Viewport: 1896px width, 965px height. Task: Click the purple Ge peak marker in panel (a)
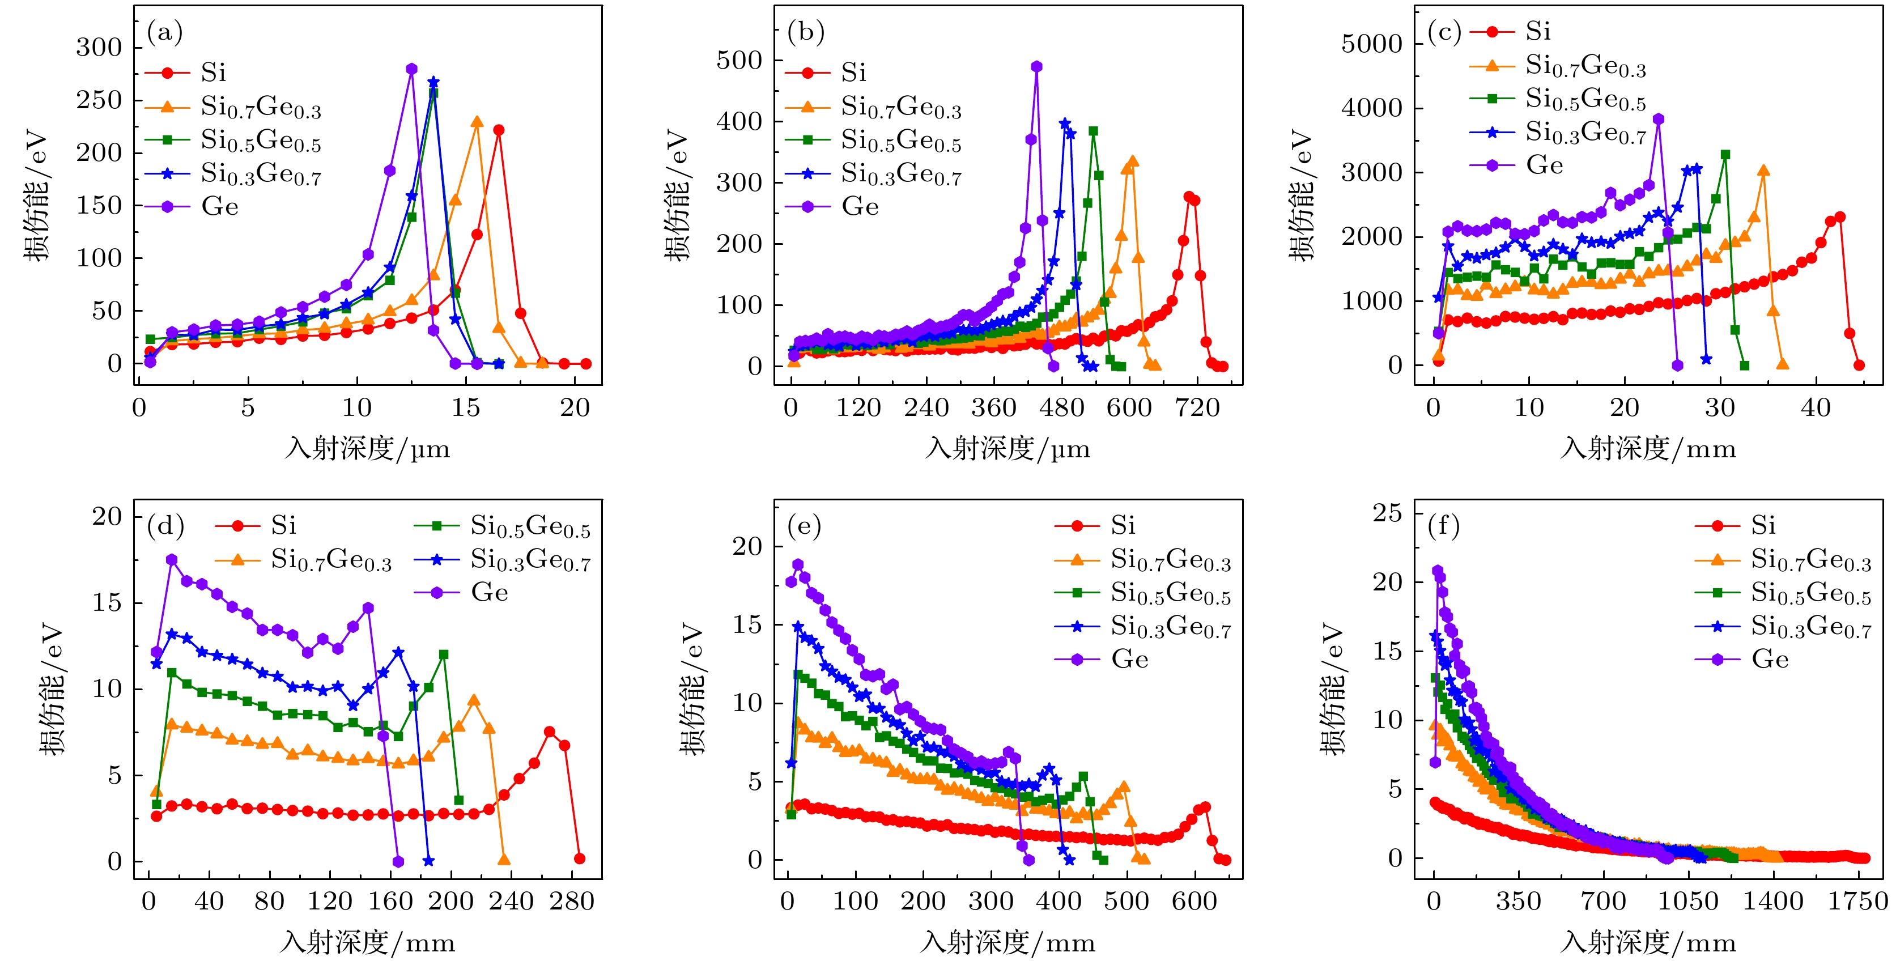coord(411,69)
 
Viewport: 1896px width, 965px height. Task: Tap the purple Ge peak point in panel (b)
coord(1036,67)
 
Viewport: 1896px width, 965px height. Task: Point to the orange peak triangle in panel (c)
coord(1763,171)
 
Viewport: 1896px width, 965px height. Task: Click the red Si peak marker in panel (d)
coord(549,732)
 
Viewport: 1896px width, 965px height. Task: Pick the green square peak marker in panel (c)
coord(1724,155)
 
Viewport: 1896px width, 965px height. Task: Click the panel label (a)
coord(165,32)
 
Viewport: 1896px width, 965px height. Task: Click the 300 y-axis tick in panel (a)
coord(99,47)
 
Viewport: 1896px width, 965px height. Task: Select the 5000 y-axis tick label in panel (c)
coord(1371,44)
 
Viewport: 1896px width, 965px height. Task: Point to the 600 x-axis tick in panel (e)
coord(1194,900)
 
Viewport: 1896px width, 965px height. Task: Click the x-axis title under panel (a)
coord(367,448)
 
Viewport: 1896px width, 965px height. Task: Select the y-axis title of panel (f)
coord(1330,688)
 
